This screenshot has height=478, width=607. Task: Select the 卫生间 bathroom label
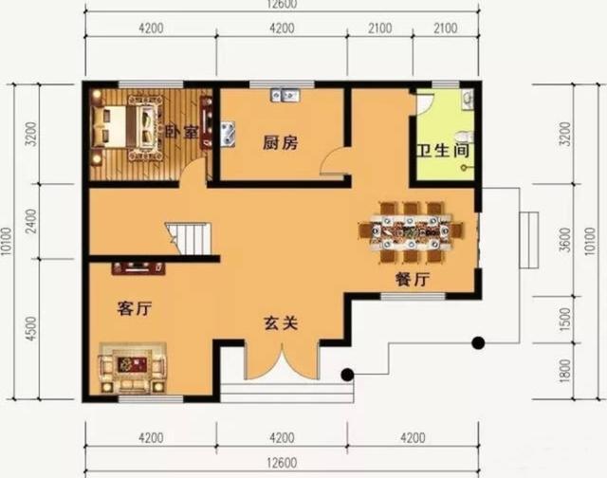443,150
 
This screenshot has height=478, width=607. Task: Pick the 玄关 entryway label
282,323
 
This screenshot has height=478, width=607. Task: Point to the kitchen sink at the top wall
285,95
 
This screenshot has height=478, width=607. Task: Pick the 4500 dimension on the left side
32,328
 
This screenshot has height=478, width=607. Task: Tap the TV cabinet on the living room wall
138,268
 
